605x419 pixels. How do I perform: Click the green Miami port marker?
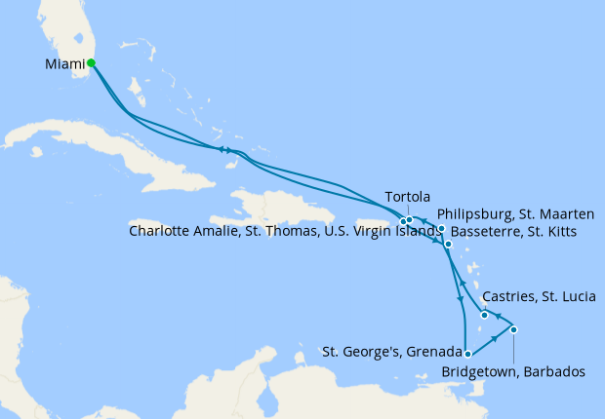[x=91, y=63]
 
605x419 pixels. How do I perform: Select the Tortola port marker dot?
[x=410, y=220]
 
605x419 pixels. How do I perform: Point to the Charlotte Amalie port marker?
[x=403, y=222]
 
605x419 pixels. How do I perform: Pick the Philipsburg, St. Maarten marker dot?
[x=442, y=229]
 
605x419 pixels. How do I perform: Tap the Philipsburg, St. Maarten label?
[x=520, y=212]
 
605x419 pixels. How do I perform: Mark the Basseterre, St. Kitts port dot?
[x=448, y=245]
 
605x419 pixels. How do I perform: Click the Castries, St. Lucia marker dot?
[x=484, y=314]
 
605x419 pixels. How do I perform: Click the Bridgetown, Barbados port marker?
[x=513, y=329]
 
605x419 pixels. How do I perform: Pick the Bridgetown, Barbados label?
[x=513, y=371]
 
